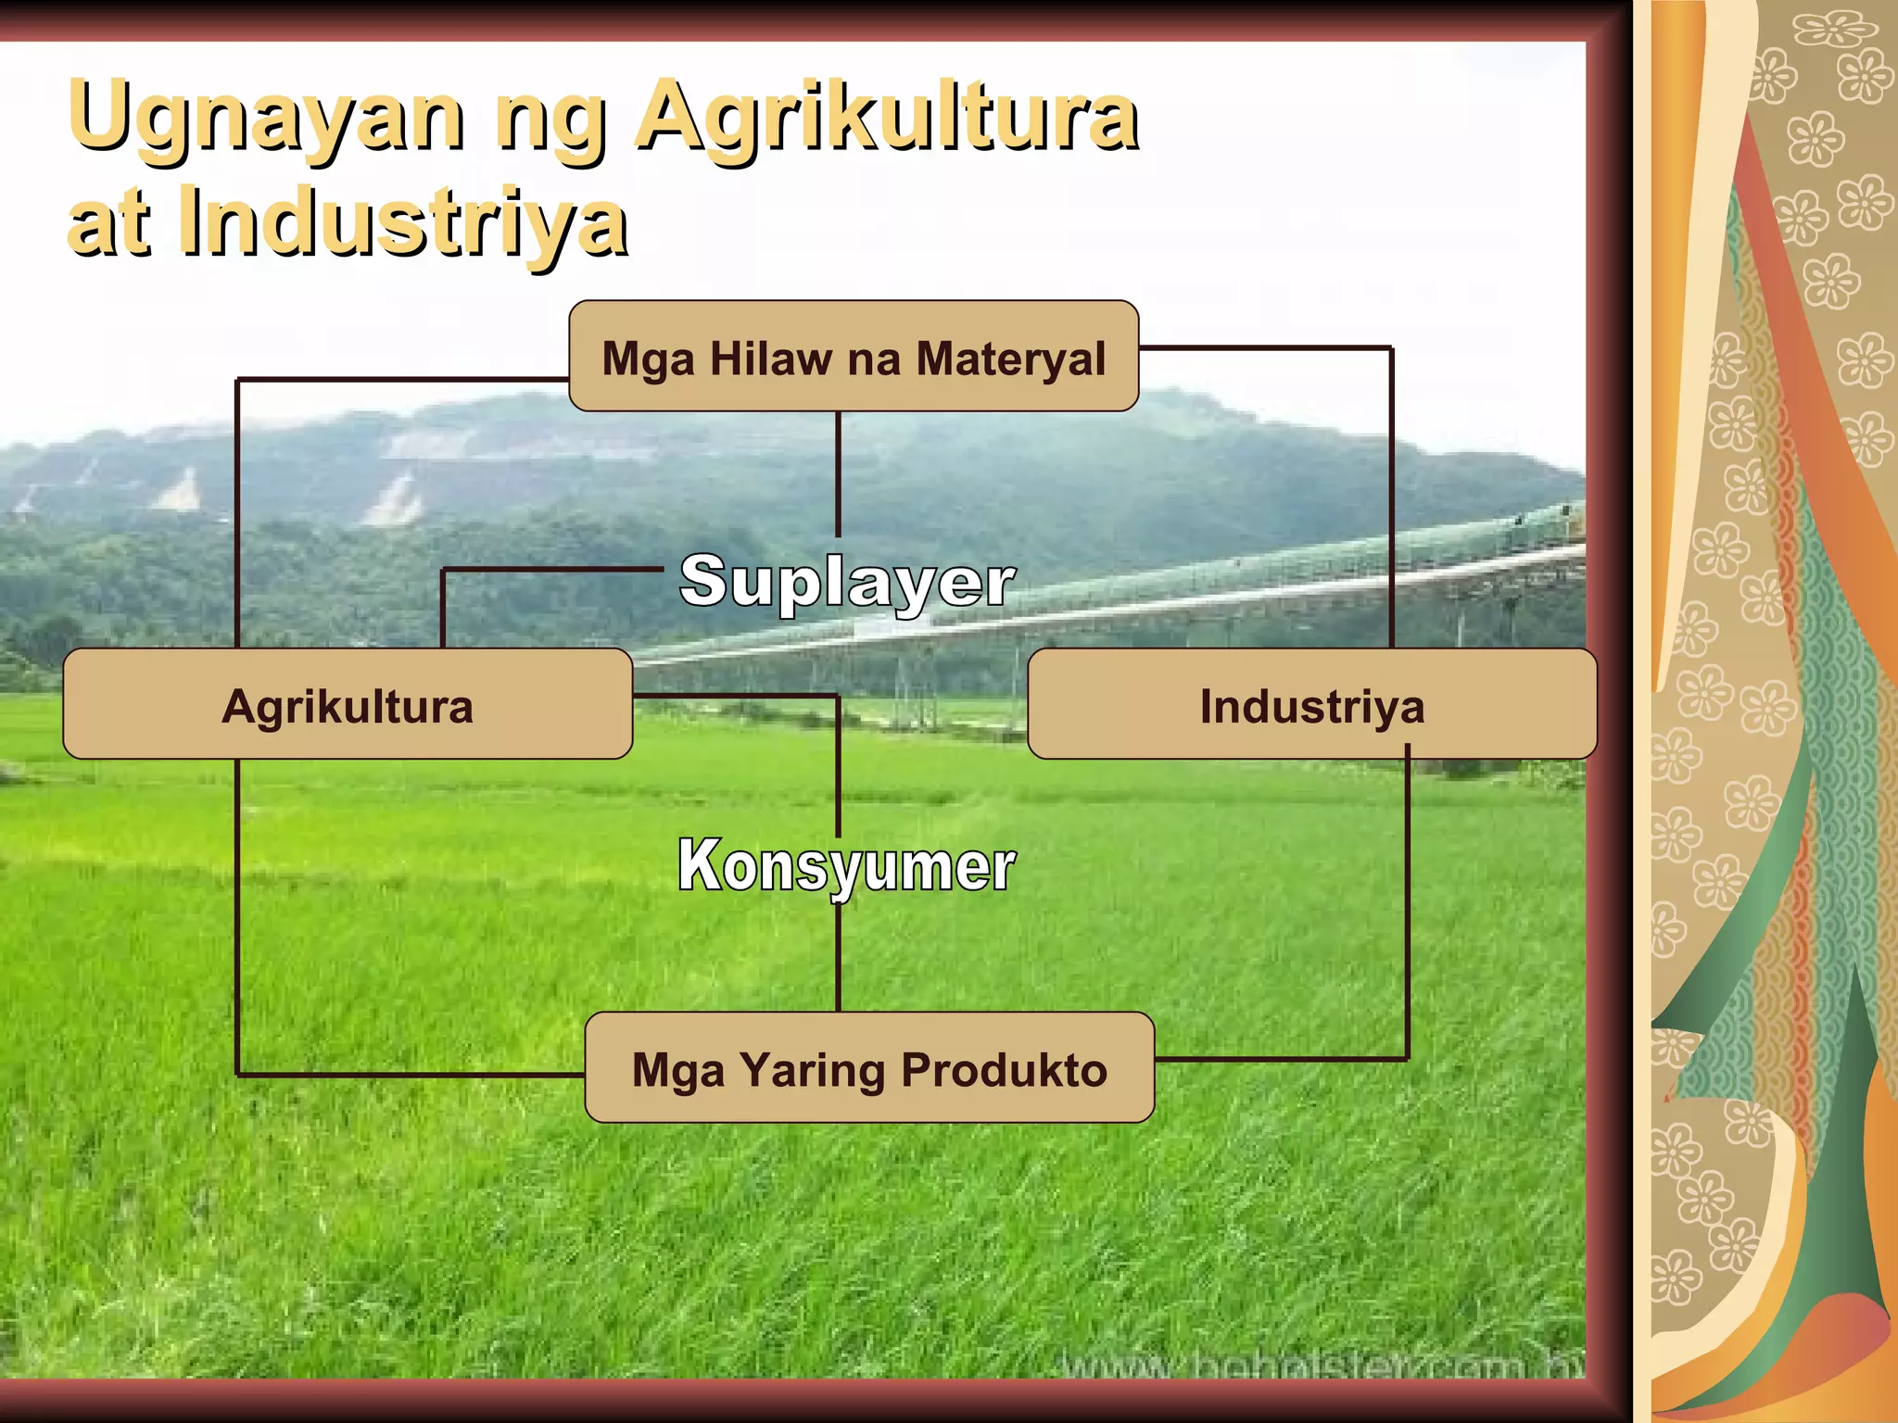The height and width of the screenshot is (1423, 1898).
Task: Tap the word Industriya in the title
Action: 404,222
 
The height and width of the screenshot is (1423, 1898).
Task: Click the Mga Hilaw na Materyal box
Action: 854,356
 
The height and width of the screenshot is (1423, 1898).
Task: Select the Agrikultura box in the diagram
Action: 348,704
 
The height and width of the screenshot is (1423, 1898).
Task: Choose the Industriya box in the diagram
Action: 1312,704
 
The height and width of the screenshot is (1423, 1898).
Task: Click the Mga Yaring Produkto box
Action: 869,1067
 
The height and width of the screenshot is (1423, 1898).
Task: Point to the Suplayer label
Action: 847,582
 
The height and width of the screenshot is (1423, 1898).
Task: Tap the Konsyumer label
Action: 846,866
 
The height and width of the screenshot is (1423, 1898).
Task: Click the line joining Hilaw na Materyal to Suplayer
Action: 839,472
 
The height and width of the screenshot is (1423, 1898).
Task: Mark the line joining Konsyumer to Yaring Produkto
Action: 839,959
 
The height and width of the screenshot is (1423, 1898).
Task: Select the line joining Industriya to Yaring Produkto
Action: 1408,908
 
